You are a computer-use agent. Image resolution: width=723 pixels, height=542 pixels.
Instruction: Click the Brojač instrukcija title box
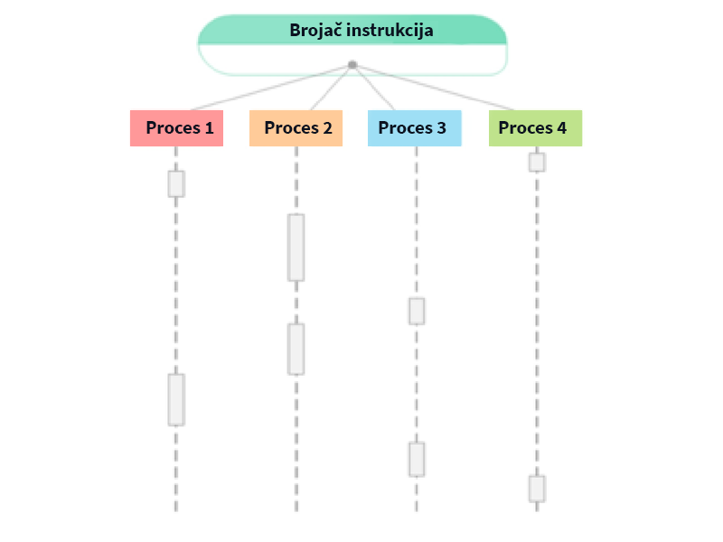[352, 31]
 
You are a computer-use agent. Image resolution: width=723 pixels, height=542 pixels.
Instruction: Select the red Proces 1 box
[176, 128]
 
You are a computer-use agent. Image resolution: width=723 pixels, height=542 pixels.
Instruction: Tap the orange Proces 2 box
[296, 128]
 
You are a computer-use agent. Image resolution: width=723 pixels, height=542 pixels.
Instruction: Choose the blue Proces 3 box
[415, 128]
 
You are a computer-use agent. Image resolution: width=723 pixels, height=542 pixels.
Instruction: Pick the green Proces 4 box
[535, 128]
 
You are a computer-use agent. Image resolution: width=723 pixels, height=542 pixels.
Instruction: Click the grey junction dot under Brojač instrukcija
[352, 64]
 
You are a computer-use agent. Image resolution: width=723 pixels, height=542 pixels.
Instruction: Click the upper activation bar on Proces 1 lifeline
[176, 183]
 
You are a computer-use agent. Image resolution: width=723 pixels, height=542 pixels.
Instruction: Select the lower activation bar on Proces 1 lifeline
[176, 399]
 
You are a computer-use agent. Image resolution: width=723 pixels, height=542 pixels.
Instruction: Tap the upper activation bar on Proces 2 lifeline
[296, 248]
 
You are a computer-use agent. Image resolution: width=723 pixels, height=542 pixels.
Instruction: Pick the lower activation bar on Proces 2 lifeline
[296, 349]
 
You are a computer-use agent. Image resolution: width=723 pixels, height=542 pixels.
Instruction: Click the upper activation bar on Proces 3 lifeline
[417, 311]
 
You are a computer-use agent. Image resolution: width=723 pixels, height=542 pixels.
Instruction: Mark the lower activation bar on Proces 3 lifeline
[417, 459]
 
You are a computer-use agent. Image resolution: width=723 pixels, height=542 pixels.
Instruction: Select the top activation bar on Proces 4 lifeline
[537, 163]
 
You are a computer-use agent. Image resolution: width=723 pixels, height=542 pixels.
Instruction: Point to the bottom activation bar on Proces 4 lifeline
[537, 489]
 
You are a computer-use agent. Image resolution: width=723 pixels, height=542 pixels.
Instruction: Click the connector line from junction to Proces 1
[262, 88]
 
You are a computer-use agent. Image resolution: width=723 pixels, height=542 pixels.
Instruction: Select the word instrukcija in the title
[390, 30]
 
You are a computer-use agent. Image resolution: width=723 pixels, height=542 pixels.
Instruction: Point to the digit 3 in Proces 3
[441, 128]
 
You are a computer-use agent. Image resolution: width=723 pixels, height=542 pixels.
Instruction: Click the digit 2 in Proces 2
[326, 128]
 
